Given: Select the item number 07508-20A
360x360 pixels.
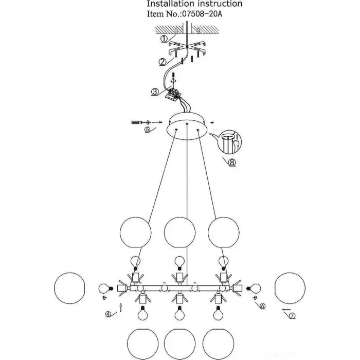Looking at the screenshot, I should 205,15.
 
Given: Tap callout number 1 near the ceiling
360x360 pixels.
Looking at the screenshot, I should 164,39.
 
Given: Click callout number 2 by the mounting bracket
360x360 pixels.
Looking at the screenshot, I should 162,62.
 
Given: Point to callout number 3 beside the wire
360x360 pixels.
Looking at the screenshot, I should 154,93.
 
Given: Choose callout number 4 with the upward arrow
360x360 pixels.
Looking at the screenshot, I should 108,314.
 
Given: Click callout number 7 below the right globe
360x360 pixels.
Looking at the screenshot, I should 293,315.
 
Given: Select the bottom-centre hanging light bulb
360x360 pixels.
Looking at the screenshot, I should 179,312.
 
